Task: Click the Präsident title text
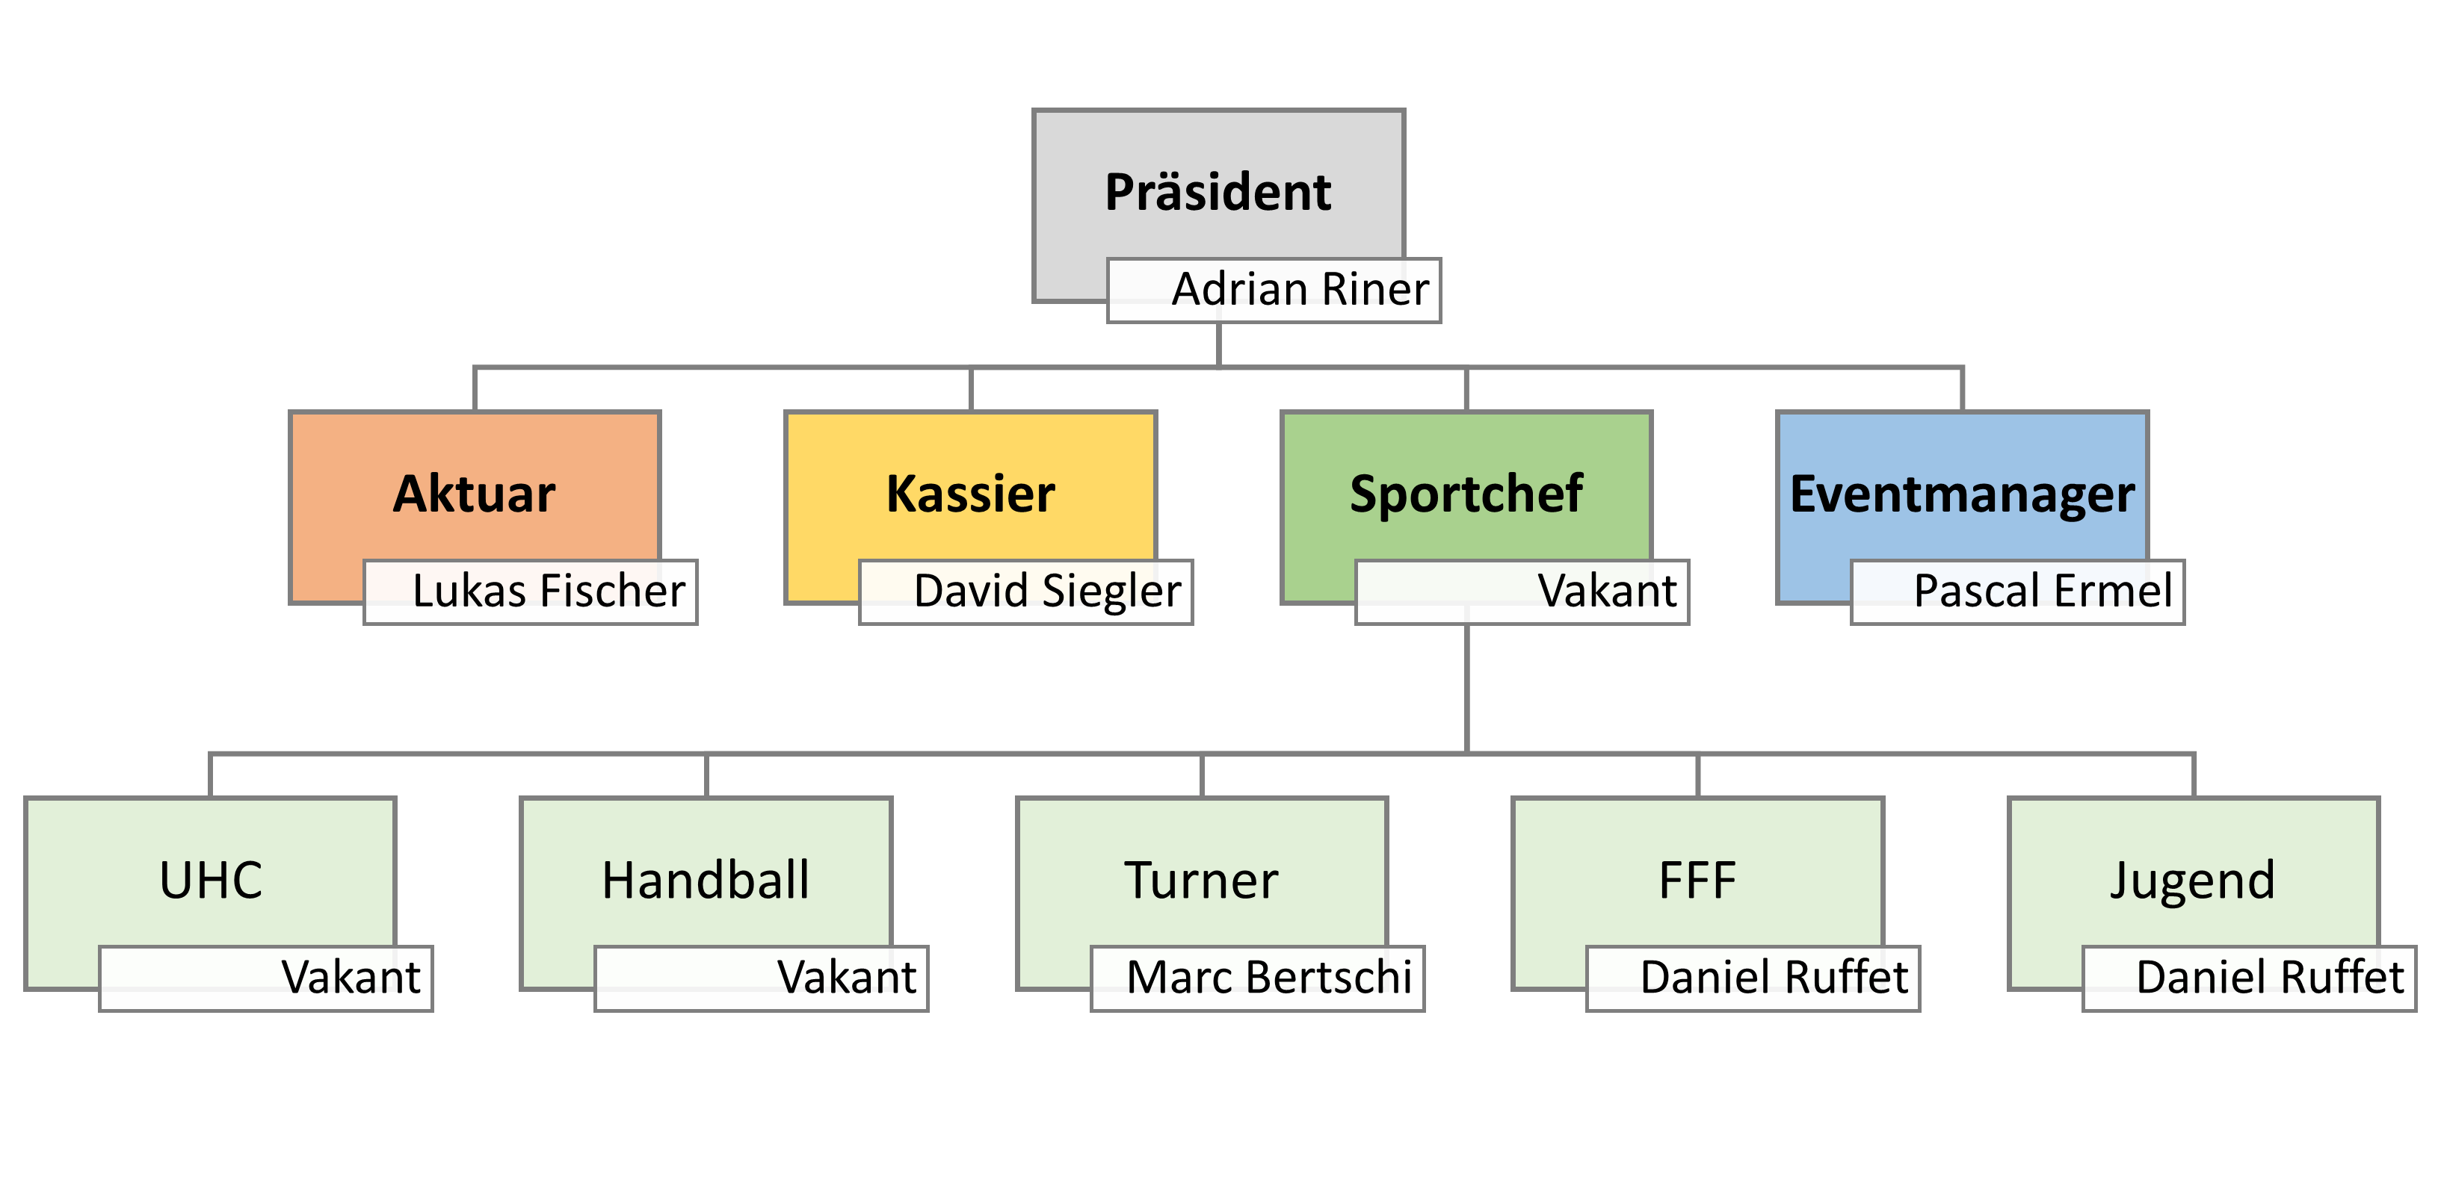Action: coord(1218,192)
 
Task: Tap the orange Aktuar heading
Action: coord(474,494)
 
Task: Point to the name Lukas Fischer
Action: coord(549,591)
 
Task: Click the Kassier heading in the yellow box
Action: coord(970,494)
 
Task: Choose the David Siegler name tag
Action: coord(1047,591)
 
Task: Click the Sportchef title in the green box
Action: coord(1466,494)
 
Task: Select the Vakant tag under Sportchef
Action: coord(1606,591)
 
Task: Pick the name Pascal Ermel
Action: coord(2042,591)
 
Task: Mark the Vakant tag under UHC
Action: coord(351,978)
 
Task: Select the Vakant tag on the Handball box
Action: coord(846,978)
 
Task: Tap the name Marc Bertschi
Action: coord(1269,978)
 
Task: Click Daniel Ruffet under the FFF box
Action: coord(1774,978)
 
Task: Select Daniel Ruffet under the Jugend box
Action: coord(2270,978)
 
